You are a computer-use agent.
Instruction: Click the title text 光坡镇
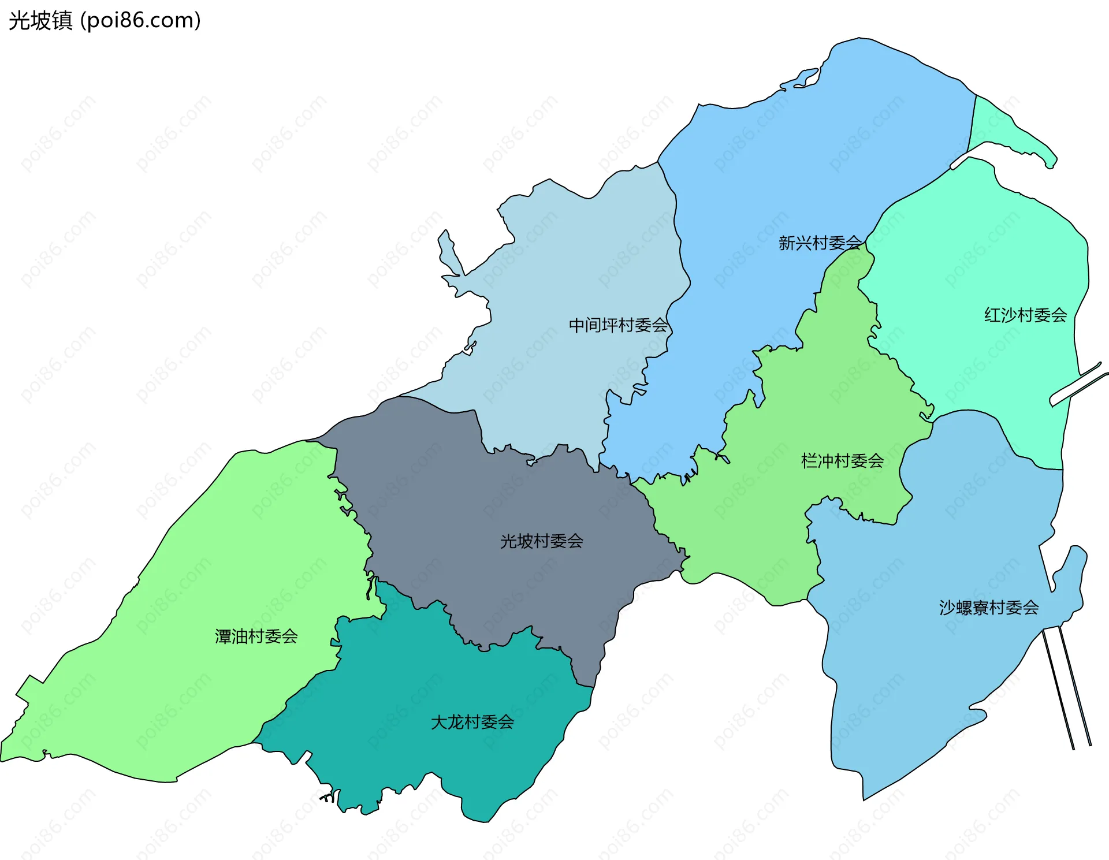(x=40, y=21)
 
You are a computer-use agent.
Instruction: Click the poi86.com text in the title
(x=140, y=21)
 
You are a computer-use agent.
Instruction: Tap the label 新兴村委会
(x=820, y=243)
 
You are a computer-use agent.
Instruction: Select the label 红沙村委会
(x=1025, y=315)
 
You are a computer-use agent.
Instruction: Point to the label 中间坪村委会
(x=618, y=326)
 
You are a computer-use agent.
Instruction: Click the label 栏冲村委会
(x=842, y=461)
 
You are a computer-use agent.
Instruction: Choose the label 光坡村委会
(x=541, y=541)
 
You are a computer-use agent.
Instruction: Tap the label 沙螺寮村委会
(x=988, y=608)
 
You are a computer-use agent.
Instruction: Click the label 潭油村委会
(x=256, y=636)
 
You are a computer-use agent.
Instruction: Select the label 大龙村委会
(x=472, y=722)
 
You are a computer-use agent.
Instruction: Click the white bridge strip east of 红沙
(x=1077, y=384)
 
